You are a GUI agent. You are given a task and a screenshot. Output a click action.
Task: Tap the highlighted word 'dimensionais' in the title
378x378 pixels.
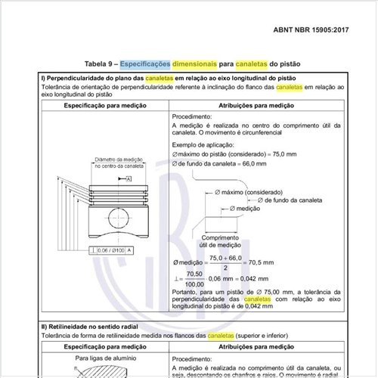tap(171, 64)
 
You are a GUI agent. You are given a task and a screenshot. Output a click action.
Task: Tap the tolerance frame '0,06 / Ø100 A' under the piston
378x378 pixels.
tap(112, 250)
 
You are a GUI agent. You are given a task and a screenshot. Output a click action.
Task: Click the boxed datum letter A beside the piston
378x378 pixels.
tap(129, 179)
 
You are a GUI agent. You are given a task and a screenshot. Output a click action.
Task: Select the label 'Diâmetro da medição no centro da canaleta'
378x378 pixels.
tap(118, 164)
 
